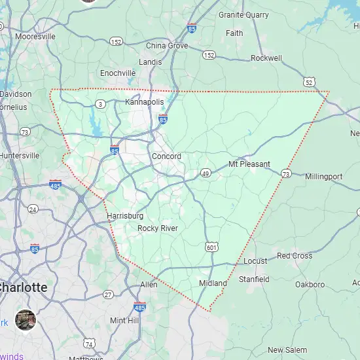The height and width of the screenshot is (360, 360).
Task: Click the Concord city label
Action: pyautogui.click(x=166, y=156)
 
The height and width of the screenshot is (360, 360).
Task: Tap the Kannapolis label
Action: pyautogui.click(x=144, y=102)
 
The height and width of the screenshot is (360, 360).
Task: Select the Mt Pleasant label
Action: pyautogui.click(x=249, y=164)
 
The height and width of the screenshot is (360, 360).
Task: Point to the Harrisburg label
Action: pyautogui.click(x=124, y=215)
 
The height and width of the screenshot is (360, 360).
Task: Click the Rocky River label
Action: pyautogui.click(x=157, y=228)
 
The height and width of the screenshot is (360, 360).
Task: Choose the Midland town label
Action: pyautogui.click(x=213, y=283)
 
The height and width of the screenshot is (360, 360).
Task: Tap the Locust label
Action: pyautogui.click(x=255, y=261)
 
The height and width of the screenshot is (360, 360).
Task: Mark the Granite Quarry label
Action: pyautogui.click(x=243, y=14)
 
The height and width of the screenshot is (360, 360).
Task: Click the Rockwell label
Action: pyautogui.click(x=266, y=58)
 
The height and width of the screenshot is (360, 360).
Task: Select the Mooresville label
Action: pyautogui.click(x=35, y=37)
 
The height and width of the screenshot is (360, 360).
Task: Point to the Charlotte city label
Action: pyautogui.click(x=24, y=287)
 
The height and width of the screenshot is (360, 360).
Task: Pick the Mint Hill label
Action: pyautogui.click(x=125, y=320)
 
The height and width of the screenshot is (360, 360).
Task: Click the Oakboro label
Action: pyautogui.click(x=310, y=285)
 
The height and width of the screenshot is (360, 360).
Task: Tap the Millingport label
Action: pyautogui.click(x=323, y=177)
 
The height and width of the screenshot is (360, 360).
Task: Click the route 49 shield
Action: pyautogui.click(x=206, y=173)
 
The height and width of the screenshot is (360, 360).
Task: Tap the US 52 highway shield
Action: pyautogui.click(x=309, y=81)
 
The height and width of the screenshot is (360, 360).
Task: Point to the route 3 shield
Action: pyautogui.click(x=100, y=103)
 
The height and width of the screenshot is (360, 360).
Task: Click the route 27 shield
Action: pyautogui.click(x=107, y=295)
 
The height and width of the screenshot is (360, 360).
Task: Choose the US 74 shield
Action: pyautogui.click(x=89, y=344)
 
